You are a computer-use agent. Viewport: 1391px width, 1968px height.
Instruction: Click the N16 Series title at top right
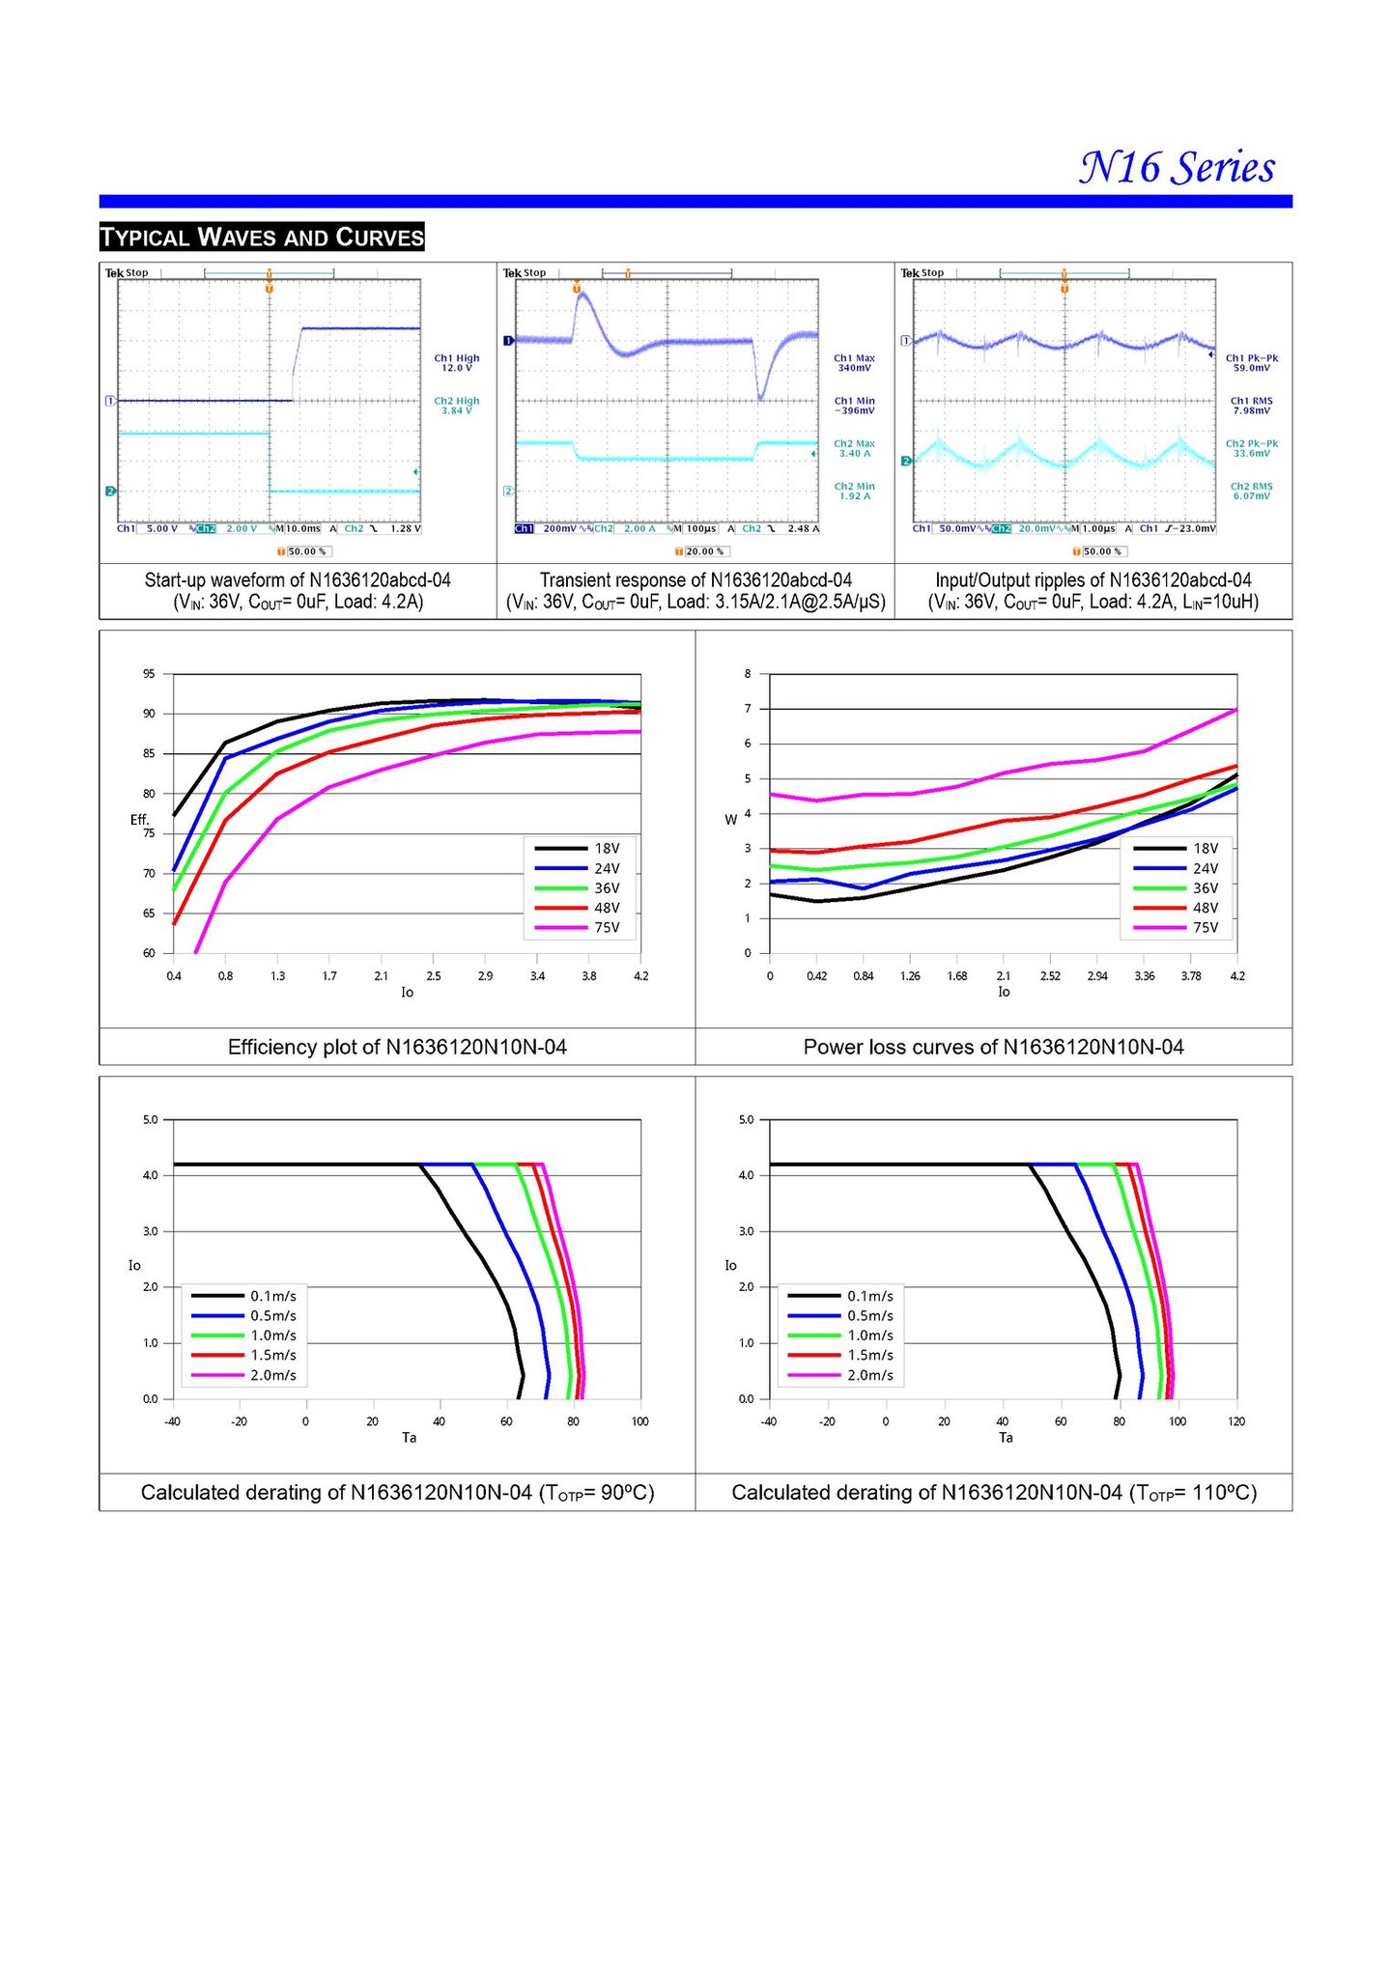pyautogui.click(x=1177, y=167)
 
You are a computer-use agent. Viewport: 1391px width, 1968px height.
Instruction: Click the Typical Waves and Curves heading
pyautogui.click(x=262, y=237)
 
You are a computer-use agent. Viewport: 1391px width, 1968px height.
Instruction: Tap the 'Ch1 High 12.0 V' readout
pyautogui.click(x=456, y=362)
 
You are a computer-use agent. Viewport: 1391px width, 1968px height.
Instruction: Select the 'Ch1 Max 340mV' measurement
pyautogui.click(x=854, y=362)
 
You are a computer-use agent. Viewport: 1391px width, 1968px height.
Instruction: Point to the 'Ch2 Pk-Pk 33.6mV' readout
pyautogui.click(x=1251, y=448)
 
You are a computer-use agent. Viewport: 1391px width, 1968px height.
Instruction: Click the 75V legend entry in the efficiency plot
pyautogui.click(x=607, y=928)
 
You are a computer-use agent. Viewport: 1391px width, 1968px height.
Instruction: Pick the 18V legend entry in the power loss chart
pyautogui.click(x=1205, y=848)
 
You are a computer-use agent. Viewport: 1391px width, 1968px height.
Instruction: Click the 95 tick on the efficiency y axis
pyautogui.click(x=149, y=674)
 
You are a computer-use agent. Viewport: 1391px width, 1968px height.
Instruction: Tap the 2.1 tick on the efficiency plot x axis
pyautogui.click(x=382, y=976)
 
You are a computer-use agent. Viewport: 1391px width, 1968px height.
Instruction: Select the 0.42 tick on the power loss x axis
pyautogui.click(x=816, y=976)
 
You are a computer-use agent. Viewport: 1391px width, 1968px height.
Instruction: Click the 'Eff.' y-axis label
pyautogui.click(x=140, y=820)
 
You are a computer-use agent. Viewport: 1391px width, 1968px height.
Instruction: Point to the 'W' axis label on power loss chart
pyautogui.click(x=730, y=820)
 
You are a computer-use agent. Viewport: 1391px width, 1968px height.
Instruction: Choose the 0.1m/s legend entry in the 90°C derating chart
pyautogui.click(x=273, y=1296)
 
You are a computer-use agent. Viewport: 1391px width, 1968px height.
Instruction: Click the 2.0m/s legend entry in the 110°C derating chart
pyautogui.click(x=869, y=1375)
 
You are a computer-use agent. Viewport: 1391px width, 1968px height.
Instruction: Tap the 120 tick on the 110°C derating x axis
pyautogui.click(x=1236, y=1421)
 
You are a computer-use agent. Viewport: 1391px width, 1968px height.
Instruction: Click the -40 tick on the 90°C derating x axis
pyautogui.click(x=172, y=1421)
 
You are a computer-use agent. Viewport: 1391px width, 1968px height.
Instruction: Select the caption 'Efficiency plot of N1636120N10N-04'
pyautogui.click(x=397, y=1047)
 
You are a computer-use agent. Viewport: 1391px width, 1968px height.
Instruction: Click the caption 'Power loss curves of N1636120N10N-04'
pyautogui.click(x=993, y=1047)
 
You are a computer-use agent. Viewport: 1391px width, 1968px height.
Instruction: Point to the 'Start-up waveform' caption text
pyautogui.click(x=298, y=580)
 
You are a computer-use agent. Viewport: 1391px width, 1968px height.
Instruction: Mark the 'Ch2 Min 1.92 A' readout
pyautogui.click(x=854, y=491)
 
